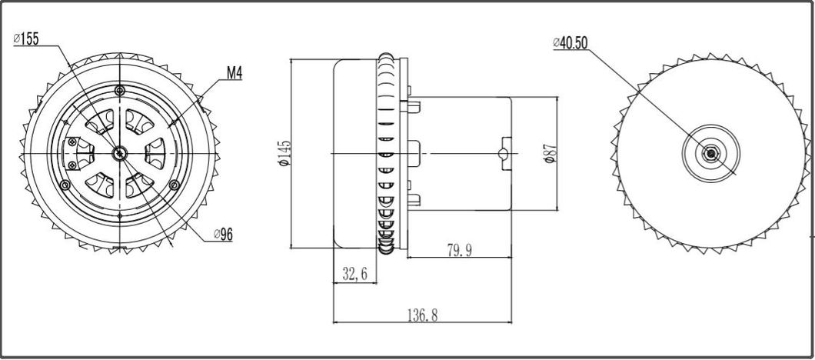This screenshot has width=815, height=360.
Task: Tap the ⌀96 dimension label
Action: [x=221, y=235]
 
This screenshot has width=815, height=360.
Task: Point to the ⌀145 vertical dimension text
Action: [x=283, y=155]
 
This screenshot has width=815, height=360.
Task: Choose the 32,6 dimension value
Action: [x=354, y=272]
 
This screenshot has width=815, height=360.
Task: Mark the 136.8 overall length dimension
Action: [x=423, y=315]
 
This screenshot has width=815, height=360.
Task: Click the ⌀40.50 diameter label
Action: [x=570, y=43]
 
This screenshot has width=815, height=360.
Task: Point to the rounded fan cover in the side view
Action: [x=353, y=154]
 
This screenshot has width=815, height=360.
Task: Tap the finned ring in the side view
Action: [x=388, y=154]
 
